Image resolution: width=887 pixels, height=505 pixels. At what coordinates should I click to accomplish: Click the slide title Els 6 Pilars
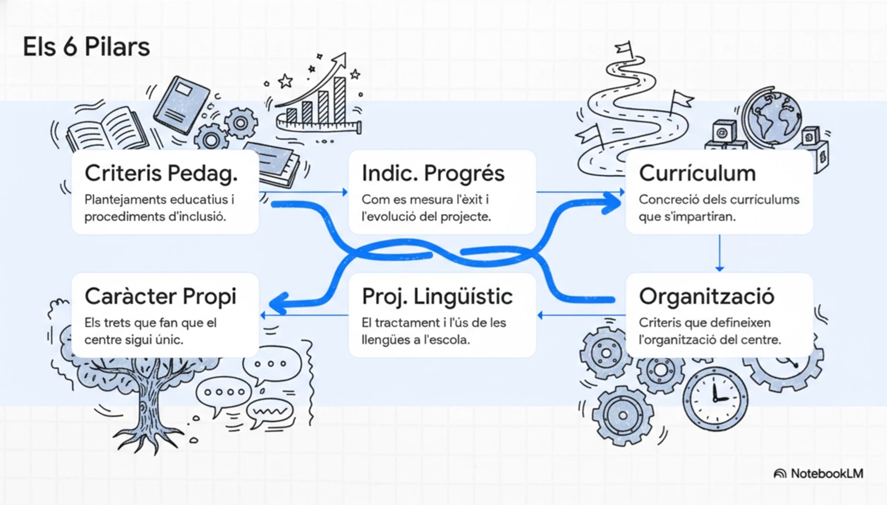[x=86, y=47]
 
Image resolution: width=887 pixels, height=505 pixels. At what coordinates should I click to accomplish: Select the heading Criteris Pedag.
[x=161, y=173]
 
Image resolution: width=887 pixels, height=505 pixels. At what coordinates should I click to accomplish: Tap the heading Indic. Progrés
[x=433, y=173]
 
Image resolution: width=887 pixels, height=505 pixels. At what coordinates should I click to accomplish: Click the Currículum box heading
[x=697, y=173]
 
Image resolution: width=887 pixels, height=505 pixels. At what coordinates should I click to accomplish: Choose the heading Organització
[x=706, y=296]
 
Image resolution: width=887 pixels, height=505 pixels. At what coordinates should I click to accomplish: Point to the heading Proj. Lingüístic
[x=437, y=296]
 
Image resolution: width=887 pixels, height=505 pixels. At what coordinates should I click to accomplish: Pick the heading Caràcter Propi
[x=160, y=296]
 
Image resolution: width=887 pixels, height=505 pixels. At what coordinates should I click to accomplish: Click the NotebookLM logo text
[x=827, y=473]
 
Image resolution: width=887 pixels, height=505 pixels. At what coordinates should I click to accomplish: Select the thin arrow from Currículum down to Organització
[x=719, y=253]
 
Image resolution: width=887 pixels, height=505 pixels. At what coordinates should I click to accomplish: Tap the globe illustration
[x=772, y=116]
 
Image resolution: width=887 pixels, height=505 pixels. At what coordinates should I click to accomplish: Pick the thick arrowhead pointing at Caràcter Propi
[x=279, y=303]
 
